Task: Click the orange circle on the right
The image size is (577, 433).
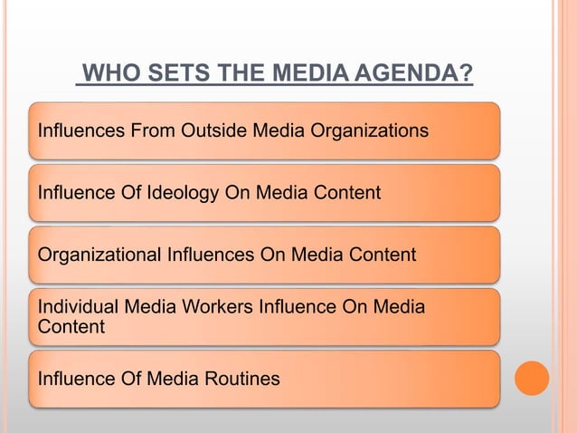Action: point(532,378)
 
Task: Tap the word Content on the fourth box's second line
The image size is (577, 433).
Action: point(71,327)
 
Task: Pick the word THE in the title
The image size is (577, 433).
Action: point(230,72)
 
